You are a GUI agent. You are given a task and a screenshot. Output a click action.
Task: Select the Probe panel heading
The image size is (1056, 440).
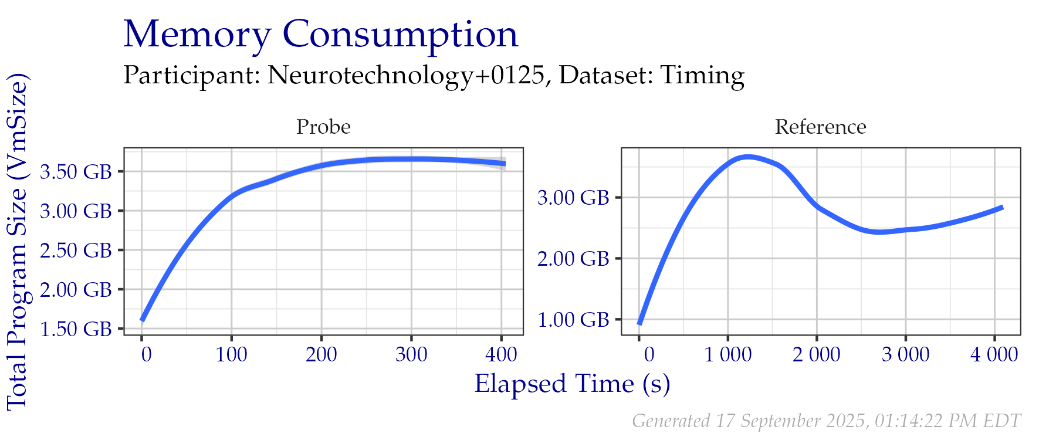pos(323,127)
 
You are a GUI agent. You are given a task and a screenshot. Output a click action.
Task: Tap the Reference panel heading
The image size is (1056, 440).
pos(820,127)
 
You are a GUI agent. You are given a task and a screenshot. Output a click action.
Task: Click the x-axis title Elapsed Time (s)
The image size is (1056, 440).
pos(572,384)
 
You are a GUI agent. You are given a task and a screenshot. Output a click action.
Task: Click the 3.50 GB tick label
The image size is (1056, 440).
pos(76,172)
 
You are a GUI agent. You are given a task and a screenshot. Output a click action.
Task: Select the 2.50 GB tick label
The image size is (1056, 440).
pos(76,251)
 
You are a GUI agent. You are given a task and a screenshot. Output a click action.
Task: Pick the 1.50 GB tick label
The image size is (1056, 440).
pos(76,329)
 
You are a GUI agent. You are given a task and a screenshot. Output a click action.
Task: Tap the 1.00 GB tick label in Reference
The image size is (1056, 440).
pos(573,320)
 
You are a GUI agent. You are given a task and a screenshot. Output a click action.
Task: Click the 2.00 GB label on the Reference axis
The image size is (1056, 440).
pos(573,259)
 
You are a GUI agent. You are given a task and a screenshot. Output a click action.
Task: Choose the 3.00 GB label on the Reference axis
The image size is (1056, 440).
pos(573,198)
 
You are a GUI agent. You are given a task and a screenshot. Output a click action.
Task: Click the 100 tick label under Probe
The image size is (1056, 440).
pos(232,354)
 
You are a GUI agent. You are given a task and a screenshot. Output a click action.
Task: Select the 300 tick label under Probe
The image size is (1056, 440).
pos(411,354)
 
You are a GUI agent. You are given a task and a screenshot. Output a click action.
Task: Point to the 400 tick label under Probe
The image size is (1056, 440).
pos(501,354)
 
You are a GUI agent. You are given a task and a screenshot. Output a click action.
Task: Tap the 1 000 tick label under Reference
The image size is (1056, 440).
pos(728,354)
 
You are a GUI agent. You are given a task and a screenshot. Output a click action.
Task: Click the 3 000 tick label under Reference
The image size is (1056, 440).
pos(906,354)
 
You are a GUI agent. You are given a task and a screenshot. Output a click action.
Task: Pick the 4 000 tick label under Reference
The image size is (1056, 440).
pos(994,354)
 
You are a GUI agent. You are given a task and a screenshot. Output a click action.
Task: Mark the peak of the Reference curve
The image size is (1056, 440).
pos(747,157)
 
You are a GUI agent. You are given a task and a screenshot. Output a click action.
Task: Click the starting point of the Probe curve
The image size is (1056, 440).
pos(142,320)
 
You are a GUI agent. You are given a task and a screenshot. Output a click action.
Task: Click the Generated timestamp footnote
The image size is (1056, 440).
pos(826,421)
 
